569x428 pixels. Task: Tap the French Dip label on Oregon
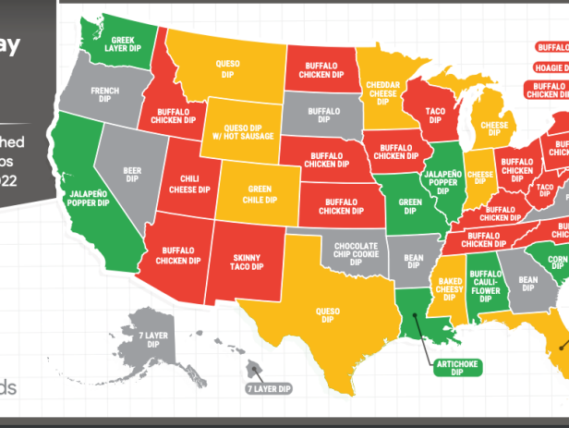tap(104, 95)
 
